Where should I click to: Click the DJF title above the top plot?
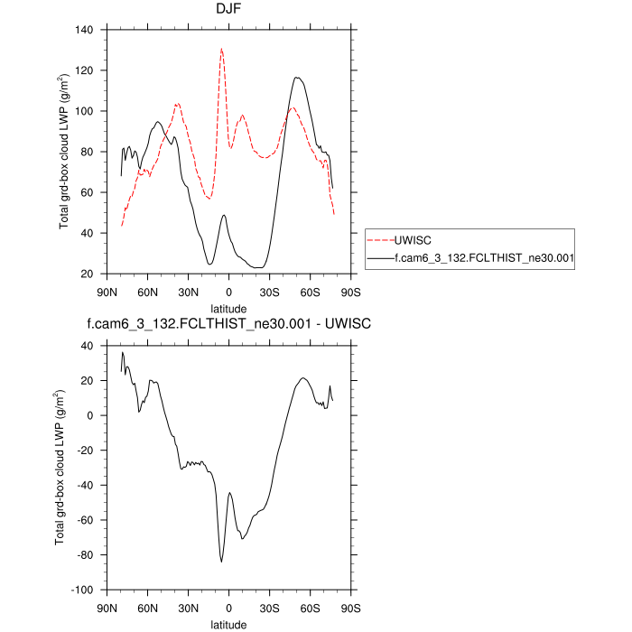228,11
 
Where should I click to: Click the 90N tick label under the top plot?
107,292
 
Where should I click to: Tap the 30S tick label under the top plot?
269,292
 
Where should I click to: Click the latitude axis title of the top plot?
228,308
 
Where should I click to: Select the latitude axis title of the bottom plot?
228,623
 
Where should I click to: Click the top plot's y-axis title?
64,152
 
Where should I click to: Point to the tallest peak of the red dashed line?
221,49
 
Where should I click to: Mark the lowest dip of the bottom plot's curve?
221,562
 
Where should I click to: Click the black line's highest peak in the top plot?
297,78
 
